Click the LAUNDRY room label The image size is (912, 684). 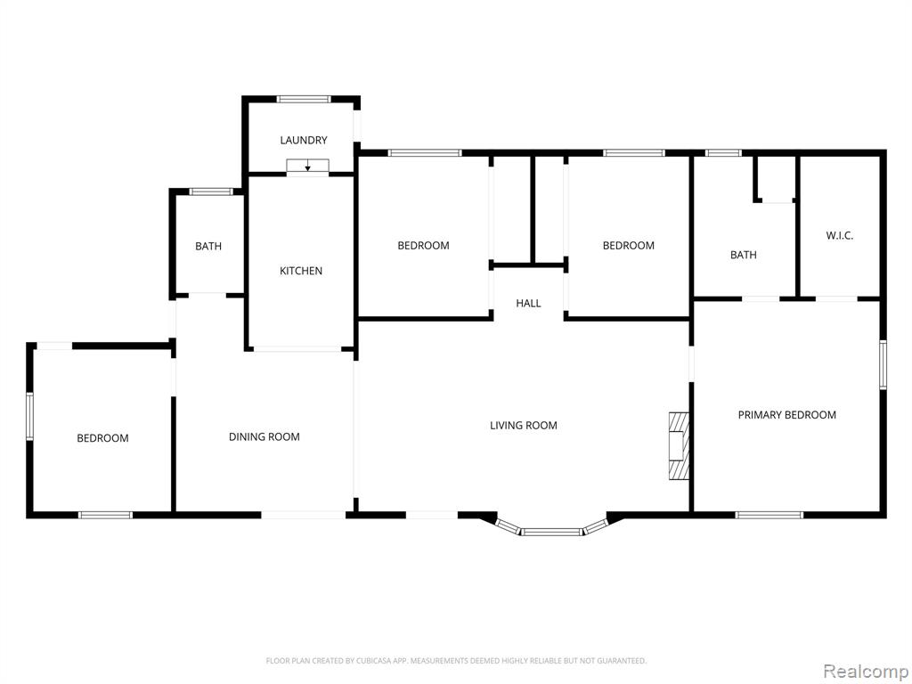[x=304, y=140]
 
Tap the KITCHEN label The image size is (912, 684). [x=301, y=271]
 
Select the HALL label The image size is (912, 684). [x=528, y=303]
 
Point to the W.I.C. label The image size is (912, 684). [x=839, y=235]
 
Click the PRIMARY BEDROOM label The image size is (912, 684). [x=787, y=415]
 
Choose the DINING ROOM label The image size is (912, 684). [x=264, y=436]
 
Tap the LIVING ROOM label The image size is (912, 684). [x=524, y=425]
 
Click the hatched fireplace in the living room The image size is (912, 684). [x=679, y=445]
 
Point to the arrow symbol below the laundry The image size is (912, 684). [x=307, y=166]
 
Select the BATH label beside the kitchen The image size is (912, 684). [x=208, y=246]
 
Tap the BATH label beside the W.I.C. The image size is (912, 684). [x=744, y=255]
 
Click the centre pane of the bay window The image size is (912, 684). [x=550, y=532]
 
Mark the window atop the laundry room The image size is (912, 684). [x=304, y=99]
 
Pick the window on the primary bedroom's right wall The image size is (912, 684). [x=883, y=364]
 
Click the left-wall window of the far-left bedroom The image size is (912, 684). [x=29, y=416]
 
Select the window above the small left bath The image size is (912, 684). [x=211, y=191]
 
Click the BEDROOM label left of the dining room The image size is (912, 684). [x=102, y=438]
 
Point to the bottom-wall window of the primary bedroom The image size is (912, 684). [x=769, y=515]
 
